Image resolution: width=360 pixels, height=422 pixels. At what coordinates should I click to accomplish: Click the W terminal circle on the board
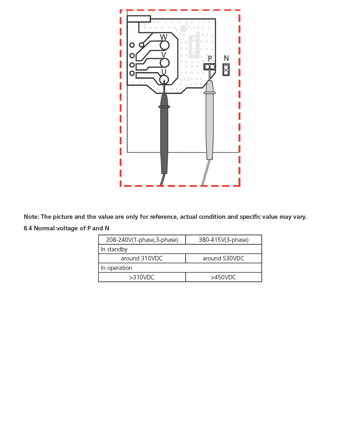click(x=165, y=45)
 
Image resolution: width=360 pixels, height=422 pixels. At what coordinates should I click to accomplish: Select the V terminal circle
click(x=165, y=63)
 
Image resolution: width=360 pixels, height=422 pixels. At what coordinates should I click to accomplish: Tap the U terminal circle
click(x=164, y=80)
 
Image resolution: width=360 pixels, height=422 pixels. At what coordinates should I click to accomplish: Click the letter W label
click(x=164, y=37)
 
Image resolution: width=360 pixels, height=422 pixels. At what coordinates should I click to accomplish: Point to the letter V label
click(x=164, y=55)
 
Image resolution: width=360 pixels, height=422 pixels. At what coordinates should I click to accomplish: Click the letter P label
click(x=210, y=59)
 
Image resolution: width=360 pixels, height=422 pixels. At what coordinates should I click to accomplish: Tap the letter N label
click(x=226, y=59)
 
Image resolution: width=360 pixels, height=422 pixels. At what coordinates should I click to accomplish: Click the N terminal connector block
click(x=226, y=70)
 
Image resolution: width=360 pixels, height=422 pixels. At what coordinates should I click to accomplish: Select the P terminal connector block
click(x=209, y=66)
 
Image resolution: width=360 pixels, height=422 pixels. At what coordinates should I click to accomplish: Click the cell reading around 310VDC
click(x=142, y=258)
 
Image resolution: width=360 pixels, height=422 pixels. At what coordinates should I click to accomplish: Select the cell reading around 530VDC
click(x=224, y=258)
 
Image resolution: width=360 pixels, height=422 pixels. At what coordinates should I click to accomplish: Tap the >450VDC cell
click(x=224, y=277)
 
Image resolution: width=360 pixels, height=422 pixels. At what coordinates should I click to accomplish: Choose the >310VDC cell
click(x=142, y=277)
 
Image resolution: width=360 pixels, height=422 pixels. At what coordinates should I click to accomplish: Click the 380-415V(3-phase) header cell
click(x=224, y=240)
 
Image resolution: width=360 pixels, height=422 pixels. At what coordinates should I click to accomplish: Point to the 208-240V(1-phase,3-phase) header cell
click(x=142, y=240)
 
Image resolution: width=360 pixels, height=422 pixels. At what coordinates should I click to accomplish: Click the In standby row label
click(x=114, y=249)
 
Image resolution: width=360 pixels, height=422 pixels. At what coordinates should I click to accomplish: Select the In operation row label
click(x=116, y=268)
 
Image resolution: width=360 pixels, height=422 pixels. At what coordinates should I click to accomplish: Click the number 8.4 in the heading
click(x=28, y=228)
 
